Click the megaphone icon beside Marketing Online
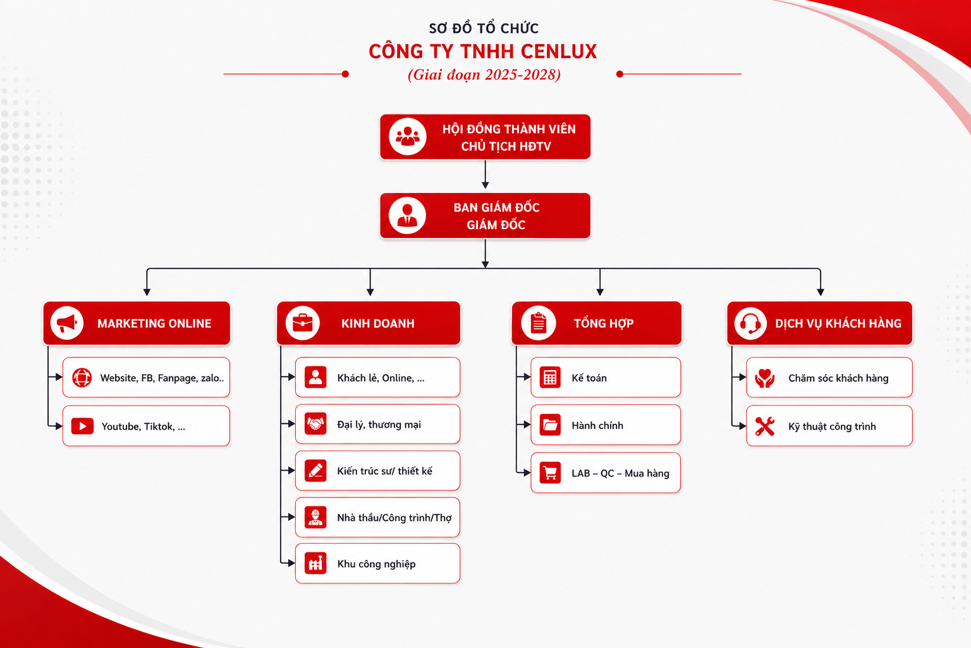click(67, 323)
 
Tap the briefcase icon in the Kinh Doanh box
click(303, 323)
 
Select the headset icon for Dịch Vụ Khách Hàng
click(750, 323)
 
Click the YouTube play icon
click(82, 426)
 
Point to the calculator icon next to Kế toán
click(549, 377)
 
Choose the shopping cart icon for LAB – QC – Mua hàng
click(549, 473)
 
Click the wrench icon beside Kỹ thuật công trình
click(765, 427)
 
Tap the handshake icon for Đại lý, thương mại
click(315, 423)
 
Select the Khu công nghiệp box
click(377, 563)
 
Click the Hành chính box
click(606, 425)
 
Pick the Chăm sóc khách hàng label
click(838, 378)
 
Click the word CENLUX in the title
click(559, 51)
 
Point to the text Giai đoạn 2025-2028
click(484, 75)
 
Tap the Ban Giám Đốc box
click(485, 216)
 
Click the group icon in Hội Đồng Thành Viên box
click(408, 136)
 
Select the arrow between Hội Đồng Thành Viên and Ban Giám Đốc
click(485, 175)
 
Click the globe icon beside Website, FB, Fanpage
click(82, 377)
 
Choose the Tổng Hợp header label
click(604, 323)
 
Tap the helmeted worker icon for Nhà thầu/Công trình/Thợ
click(315, 517)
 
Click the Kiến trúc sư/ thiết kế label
click(384, 471)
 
